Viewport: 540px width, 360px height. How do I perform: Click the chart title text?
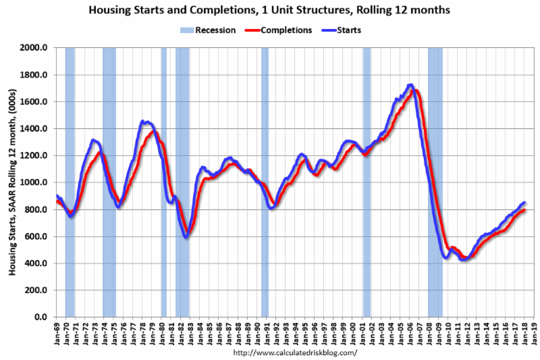click(x=271, y=11)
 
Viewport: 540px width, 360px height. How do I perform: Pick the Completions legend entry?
click(x=281, y=30)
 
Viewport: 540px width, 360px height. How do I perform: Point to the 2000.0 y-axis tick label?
click(x=34, y=49)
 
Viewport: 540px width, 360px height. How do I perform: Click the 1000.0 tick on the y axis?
click(x=34, y=182)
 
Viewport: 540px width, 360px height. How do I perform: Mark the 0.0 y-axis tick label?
click(x=41, y=317)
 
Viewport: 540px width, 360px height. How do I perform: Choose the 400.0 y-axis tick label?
click(x=36, y=263)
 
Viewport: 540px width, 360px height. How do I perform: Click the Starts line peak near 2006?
click(x=410, y=85)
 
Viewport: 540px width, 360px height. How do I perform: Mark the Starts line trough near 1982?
click(x=186, y=236)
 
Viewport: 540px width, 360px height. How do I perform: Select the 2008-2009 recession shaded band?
click(x=435, y=182)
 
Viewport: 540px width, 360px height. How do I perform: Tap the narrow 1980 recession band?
click(x=163, y=182)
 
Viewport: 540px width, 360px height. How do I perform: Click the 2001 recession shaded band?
click(x=367, y=182)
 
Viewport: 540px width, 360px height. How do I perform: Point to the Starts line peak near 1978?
click(x=143, y=122)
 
